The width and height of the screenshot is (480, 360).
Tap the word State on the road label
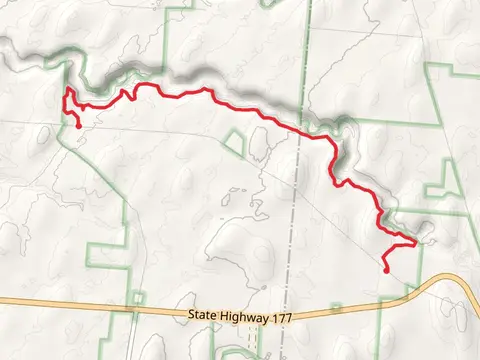[200, 315]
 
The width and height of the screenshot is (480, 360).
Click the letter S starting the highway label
[190, 315]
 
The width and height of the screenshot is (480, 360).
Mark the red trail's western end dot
[78, 124]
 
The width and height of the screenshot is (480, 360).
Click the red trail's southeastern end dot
[386, 269]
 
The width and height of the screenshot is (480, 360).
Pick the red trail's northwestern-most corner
[67, 89]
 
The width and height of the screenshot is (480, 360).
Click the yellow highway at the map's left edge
[4, 301]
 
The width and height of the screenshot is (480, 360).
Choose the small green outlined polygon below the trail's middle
[234, 144]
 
